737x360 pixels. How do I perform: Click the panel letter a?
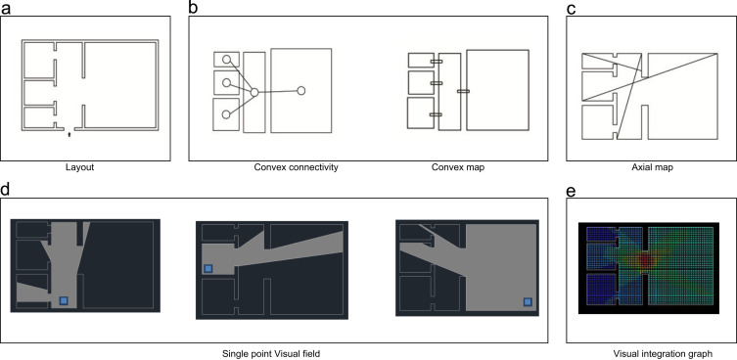pyautogui.click(x=5, y=8)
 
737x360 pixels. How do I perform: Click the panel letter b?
pyautogui.click(x=194, y=7)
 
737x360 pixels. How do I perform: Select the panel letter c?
pyautogui.click(x=571, y=8)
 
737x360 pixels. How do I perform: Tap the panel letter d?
pyautogui.click(x=6, y=189)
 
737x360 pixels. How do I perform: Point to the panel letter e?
pyautogui.click(x=572, y=191)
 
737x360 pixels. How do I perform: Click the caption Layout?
pyautogui.click(x=80, y=167)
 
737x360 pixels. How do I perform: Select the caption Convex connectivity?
pyautogui.click(x=297, y=167)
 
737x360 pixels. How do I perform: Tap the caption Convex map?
pyautogui.click(x=458, y=167)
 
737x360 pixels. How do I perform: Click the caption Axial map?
pyautogui.click(x=651, y=167)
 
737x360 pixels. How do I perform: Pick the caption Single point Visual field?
pyautogui.click(x=271, y=354)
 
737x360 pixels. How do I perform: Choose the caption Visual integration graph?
pyautogui.click(x=663, y=353)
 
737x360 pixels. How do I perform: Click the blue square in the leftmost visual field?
pyautogui.click(x=64, y=300)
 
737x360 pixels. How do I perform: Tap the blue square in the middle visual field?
pyautogui.click(x=208, y=268)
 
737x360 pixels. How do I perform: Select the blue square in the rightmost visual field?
pyautogui.click(x=528, y=301)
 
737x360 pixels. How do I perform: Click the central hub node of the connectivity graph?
pyautogui.click(x=254, y=93)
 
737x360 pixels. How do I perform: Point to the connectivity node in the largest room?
pyautogui.click(x=301, y=91)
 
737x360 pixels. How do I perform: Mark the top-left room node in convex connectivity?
pyautogui.click(x=226, y=60)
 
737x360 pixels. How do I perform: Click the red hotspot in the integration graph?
pyautogui.click(x=646, y=259)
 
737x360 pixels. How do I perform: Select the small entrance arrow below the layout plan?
pyautogui.click(x=69, y=135)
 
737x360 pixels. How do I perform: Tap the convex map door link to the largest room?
pyautogui.click(x=463, y=91)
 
